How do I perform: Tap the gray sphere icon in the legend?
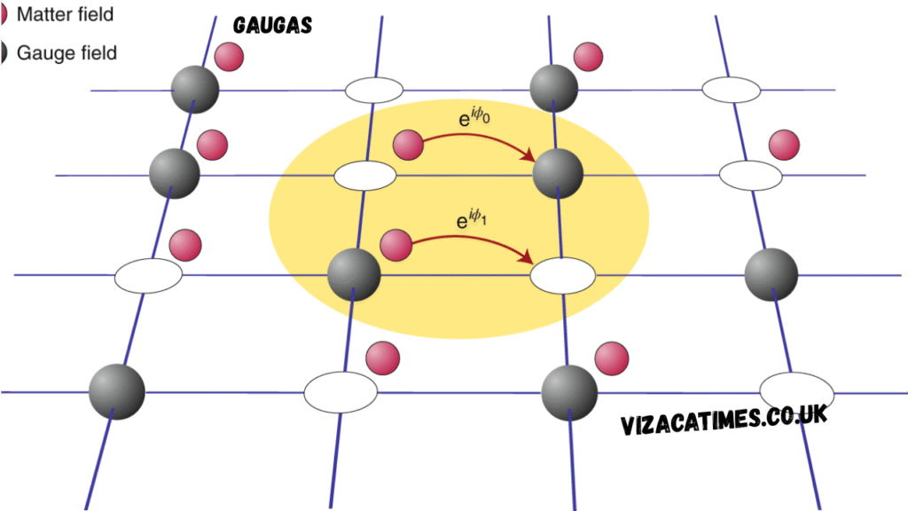[4, 52]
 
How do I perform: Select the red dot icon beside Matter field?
[4, 14]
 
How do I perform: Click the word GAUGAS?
[272, 26]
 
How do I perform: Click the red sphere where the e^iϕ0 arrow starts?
[408, 145]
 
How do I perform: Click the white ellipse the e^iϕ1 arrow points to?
[562, 275]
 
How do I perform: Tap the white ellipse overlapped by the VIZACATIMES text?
[796, 389]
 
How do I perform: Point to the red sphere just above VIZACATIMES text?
[611, 358]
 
